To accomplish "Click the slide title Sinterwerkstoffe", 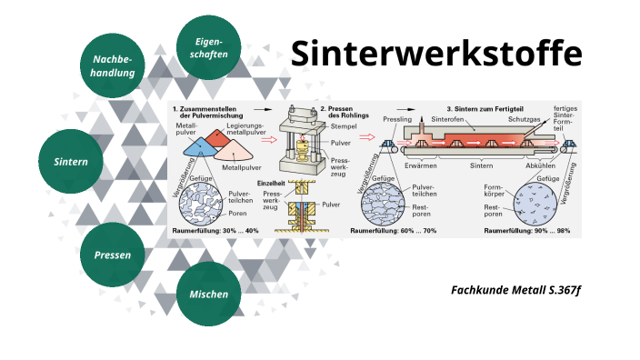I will tap(436, 55).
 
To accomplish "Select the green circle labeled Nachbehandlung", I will tap(114, 65).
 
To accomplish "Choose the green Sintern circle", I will tap(71, 161).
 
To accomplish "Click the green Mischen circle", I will tap(208, 294).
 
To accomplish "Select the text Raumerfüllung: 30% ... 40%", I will tap(215, 232).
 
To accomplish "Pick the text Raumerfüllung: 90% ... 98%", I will tap(527, 232).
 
